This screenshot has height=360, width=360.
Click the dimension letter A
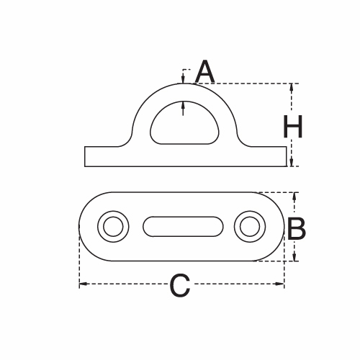click(205, 72)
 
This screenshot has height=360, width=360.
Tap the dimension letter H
click(292, 127)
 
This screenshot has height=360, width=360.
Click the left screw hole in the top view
click(112, 227)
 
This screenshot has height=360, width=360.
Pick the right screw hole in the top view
click(248, 227)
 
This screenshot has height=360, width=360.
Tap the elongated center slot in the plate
click(182, 227)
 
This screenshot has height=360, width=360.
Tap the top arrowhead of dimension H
click(292, 87)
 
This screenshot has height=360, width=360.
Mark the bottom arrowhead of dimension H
click(292, 163)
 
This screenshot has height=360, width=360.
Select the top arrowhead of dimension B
click(294, 196)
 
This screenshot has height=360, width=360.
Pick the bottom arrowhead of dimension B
click(294, 257)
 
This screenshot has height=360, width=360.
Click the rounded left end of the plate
click(81, 227)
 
